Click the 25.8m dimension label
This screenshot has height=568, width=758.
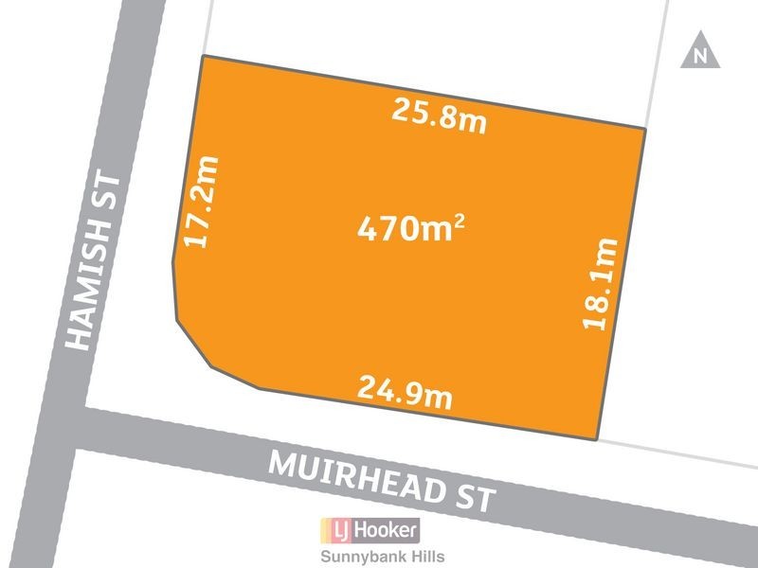point(439,116)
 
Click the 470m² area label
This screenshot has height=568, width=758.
point(410,228)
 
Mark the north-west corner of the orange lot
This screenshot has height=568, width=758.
point(202,56)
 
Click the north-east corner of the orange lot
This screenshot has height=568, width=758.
point(646,128)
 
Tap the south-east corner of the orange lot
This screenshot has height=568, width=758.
point(596,439)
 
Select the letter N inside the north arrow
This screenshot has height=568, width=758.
point(700,56)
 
